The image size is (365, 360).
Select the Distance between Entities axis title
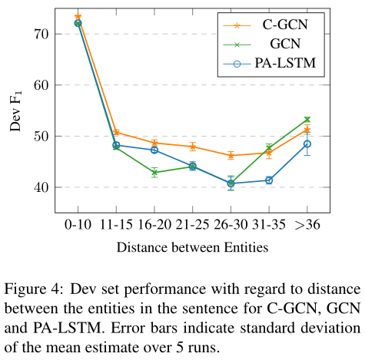tap(192, 247)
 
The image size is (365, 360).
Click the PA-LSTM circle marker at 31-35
tap(269, 180)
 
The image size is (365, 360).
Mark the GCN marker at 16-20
tap(154, 173)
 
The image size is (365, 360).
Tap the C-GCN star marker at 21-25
tap(193, 147)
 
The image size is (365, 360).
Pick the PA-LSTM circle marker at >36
tap(307, 144)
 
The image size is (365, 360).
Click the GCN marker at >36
tap(307, 120)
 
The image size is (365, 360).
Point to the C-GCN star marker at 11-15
tap(116, 132)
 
